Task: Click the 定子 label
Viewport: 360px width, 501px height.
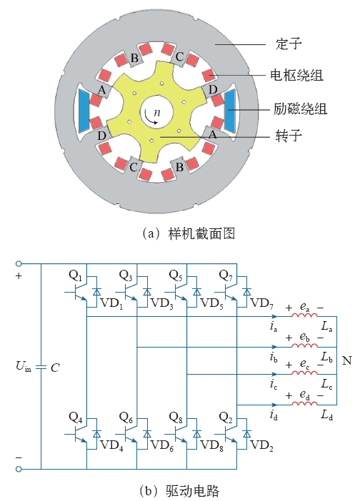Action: [289, 44]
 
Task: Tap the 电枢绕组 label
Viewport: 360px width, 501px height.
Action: [296, 76]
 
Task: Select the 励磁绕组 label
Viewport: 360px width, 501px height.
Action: [300, 108]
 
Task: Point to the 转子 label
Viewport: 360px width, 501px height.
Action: [289, 136]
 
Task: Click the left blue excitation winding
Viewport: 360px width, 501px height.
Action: [84, 111]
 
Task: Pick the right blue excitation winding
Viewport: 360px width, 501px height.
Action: [230, 111]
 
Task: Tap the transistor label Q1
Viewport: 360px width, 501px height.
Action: [76, 275]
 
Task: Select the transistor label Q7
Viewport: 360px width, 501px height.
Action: [226, 275]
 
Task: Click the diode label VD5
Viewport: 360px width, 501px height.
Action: [211, 303]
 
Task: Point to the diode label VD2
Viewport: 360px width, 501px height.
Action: [261, 445]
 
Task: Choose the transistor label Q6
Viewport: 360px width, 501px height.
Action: [126, 417]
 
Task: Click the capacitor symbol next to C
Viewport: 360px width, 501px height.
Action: [41, 367]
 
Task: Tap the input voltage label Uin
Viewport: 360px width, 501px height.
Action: [24, 366]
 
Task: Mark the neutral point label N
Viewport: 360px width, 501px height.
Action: [347, 360]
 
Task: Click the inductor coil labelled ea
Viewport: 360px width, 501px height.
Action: [304, 315]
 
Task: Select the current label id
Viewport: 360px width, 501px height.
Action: [274, 415]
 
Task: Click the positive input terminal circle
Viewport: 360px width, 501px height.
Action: [19, 263]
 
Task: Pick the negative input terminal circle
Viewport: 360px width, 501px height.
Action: [19, 469]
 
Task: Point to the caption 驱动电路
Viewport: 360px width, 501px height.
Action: [192, 491]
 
